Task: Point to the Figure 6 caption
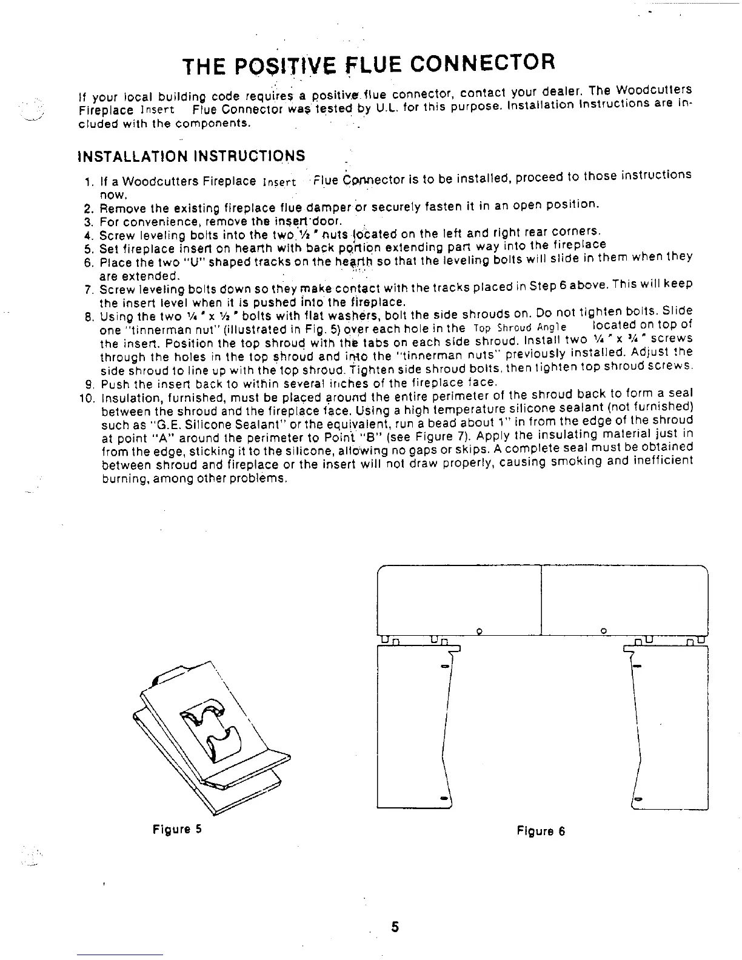(541, 831)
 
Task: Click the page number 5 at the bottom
(395, 927)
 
